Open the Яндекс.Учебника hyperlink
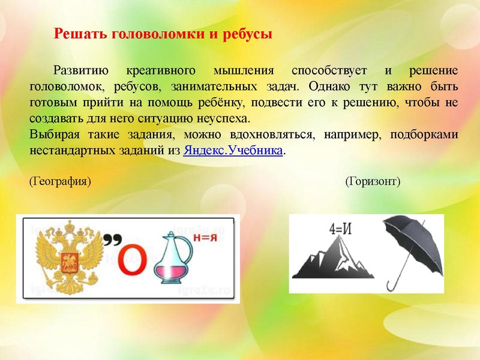tap(233, 150)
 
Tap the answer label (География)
tap(60, 181)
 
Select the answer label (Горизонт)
tap(373, 181)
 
